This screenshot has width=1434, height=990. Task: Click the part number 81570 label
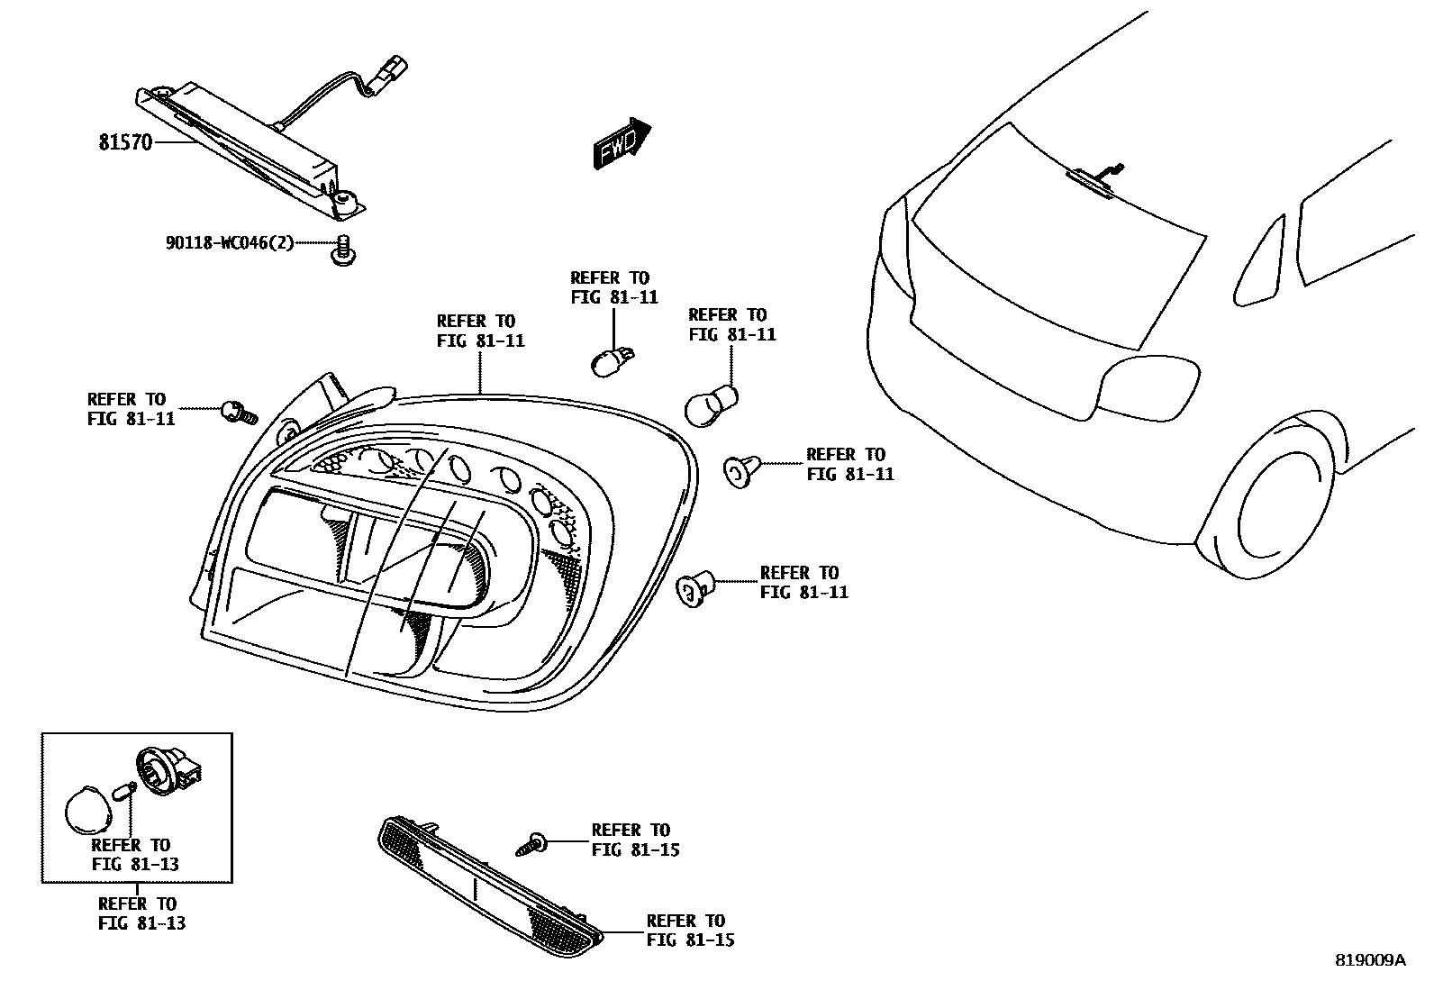(125, 142)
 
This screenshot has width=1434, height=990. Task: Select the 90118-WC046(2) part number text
(230, 242)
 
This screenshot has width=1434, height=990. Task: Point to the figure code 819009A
(1370, 960)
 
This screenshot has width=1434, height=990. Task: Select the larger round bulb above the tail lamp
(712, 404)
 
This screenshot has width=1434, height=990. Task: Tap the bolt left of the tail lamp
(238, 413)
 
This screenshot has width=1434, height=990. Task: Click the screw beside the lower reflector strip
(531, 844)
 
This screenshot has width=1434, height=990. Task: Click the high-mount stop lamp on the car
(1091, 180)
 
